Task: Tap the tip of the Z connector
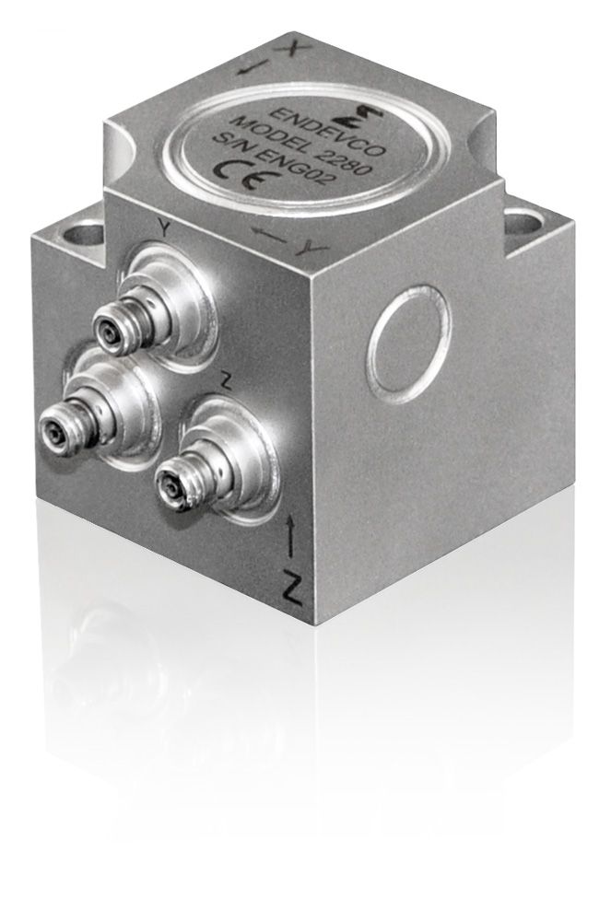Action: [168, 481]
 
